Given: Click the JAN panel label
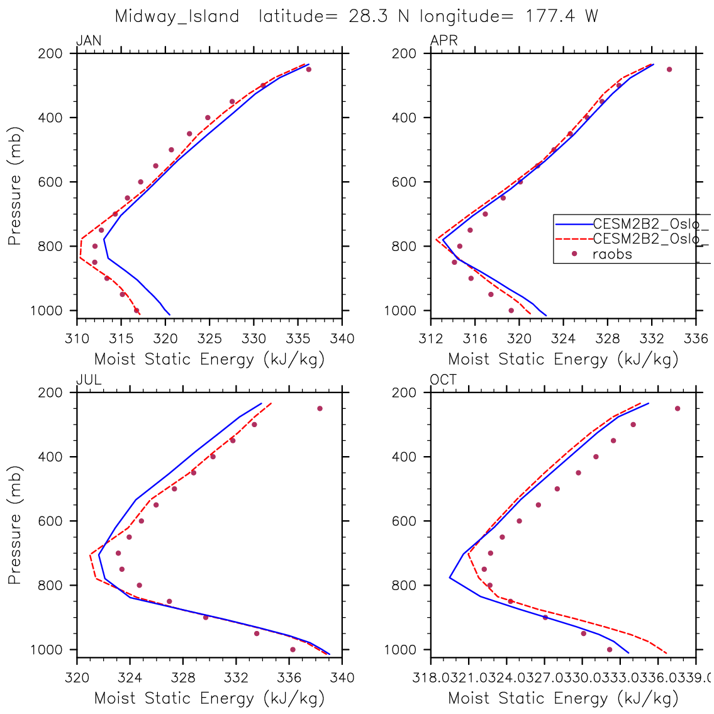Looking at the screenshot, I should (x=89, y=42).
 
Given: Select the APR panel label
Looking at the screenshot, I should (x=443, y=42).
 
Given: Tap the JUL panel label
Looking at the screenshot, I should (x=89, y=380).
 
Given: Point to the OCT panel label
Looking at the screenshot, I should (x=443, y=380).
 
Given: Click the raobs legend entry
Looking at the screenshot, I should (x=612, y=254).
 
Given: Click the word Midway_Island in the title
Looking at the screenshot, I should (x=177, y=16).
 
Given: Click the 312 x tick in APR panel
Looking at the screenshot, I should (x=430, y=339).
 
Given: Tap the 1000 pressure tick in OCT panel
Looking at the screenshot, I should (x=409, y=650).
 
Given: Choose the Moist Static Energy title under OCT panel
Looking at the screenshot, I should (x=563, y=698).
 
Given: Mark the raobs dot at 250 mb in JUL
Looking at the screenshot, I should (x=320, y=408).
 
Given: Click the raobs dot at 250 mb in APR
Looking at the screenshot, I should (x=669, y=69).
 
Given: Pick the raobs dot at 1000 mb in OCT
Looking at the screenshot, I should (x=609, y=649).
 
